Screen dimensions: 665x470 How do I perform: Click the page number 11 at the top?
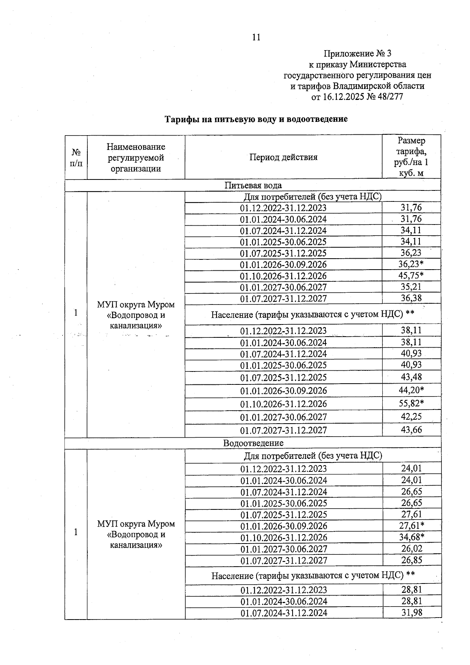[256, 38]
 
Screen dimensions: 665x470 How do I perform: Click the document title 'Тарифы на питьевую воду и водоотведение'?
[256, 119]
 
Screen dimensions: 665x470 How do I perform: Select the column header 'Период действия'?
[283, 158]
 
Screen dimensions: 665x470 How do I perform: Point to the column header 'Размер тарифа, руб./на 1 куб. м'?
[411, 157]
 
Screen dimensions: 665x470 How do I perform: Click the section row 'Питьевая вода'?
[253, 185]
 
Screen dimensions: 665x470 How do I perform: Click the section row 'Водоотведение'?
[253, 443]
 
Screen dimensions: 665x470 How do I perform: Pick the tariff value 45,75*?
[411, 275]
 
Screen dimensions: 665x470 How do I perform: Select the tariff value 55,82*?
[411, 403]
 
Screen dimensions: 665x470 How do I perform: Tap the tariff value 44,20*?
[411, 390]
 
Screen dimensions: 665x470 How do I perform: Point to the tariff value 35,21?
[411, 287]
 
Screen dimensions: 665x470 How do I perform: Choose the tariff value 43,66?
[411, 430]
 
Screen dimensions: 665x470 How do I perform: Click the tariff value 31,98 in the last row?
[412, 612]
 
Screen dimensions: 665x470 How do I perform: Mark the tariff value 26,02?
[412, 549]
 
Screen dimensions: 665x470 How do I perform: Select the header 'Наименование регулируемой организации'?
[136, 158]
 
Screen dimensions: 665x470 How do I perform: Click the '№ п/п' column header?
[76, 158]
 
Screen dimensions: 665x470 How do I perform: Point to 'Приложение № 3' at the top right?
[357, 53]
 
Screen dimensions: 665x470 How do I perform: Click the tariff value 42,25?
[411, 417]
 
